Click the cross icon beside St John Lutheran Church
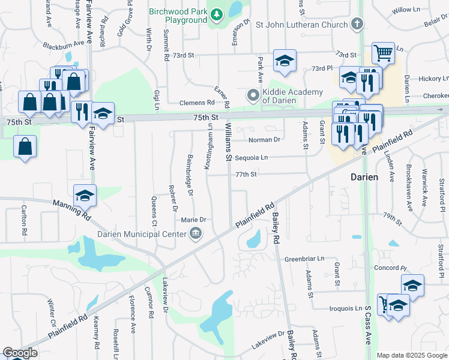click(358, 25)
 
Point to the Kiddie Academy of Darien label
click(292, 96)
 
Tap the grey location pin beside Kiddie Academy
click(254, 95)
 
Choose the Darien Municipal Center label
click(145, 233)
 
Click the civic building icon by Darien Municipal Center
click(196, 233)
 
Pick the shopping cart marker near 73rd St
click(383, 53)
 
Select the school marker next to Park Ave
click(285, 60)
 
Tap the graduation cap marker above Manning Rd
click(85, 195)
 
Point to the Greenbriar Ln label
click(304, 260)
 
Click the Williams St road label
click(228, 142)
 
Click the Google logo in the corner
click(20, 353)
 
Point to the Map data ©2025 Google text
click(411, 355)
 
